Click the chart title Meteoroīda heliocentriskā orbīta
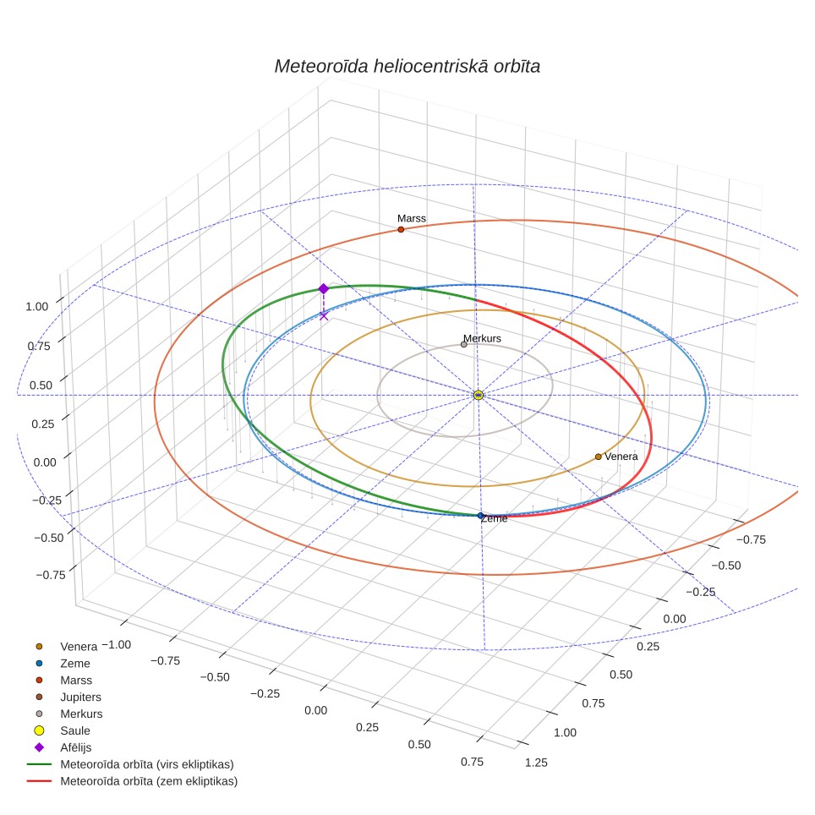click(x=407, y=67)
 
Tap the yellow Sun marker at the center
click(x=479, y=395)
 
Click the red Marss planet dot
click(x=401, y=229)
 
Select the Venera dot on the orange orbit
click(x=599, y=457)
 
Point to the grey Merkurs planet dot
click(x=464, y=344)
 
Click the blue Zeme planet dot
click(x=480, y=516)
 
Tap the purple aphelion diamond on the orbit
click(x=323, y=289)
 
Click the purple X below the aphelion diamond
click(x=324, y=316)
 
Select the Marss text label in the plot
click(x=412, y=218)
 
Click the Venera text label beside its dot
click(x=621, y=457)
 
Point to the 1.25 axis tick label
click(x=536, y=763)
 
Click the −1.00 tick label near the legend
click(x=117, y=644)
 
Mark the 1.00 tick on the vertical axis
click(x=37, y=307)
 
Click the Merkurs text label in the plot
click(x=483, y=338)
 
